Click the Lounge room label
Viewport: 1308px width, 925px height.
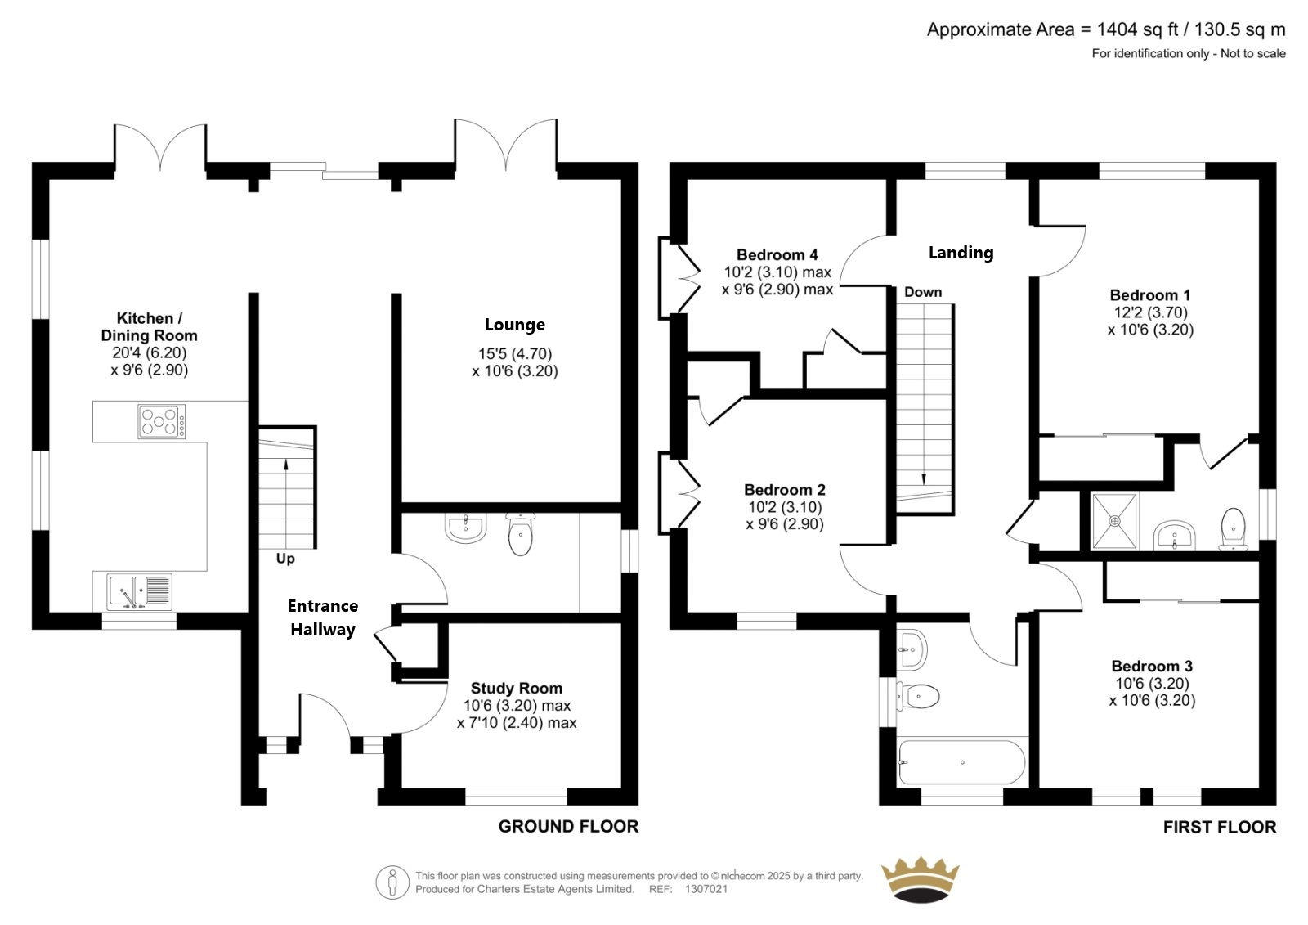(514, 325)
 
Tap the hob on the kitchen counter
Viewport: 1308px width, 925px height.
(162, 421)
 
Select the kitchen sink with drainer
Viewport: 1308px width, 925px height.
(140, 591)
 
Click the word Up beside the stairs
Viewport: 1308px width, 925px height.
(285, 559)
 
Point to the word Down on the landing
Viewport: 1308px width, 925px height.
(923, 292)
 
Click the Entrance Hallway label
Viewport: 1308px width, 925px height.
(322, 617)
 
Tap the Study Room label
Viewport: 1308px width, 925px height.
(516, 689)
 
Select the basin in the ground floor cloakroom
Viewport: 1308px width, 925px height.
(465, 528)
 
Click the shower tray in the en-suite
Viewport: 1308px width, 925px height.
(1115, 521)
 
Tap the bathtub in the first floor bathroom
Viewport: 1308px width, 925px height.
(961, 762)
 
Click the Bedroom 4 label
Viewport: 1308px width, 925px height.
(777, 255)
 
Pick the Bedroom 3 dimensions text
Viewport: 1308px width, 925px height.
(1152, 692)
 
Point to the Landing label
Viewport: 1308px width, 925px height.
(961, 253)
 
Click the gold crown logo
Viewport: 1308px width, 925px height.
(920, 879)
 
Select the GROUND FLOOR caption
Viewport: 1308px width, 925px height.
(568, 826)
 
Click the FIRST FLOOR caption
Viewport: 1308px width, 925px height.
(1219, 827)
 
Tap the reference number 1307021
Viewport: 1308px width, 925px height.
(706, 889)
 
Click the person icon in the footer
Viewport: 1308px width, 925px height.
(392, 882)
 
